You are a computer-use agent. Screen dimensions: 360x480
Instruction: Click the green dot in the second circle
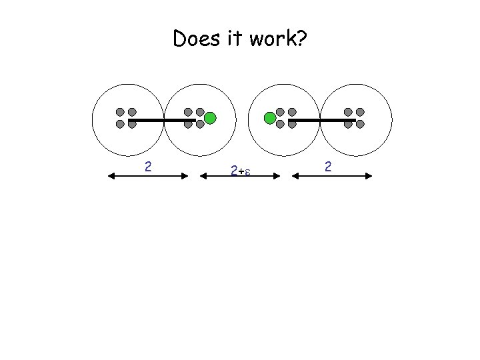click(210, 119)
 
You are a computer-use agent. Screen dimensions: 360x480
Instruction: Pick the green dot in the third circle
click(270, 119)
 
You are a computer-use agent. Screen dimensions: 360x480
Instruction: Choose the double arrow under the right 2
click(331, 176)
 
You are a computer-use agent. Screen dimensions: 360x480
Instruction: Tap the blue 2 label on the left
click(149, 165)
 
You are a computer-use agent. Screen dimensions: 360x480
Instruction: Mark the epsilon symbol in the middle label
click(247, 172)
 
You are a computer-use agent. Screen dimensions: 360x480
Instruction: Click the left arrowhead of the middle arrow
click(205, 176)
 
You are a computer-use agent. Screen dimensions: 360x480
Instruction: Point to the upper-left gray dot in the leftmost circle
click(120, 112)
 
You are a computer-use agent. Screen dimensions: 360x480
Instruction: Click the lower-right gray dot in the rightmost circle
click(360, 124)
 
